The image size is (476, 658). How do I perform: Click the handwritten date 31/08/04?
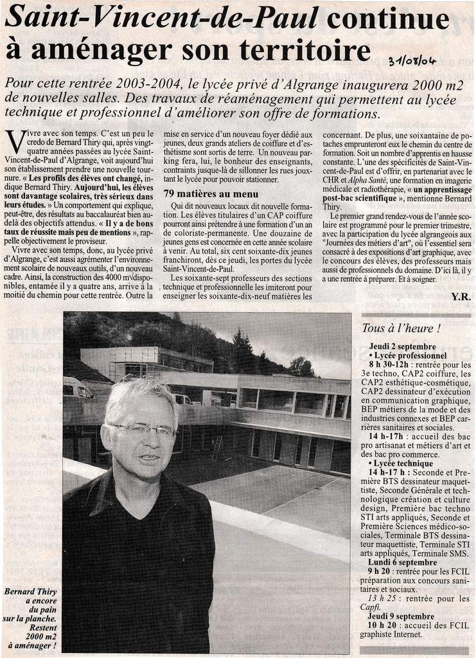pos(412,61)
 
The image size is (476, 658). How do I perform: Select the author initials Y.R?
pos(461,296)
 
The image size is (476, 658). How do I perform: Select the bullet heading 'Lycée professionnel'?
pos(411,355)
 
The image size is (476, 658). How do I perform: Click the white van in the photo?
pos(78,388)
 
